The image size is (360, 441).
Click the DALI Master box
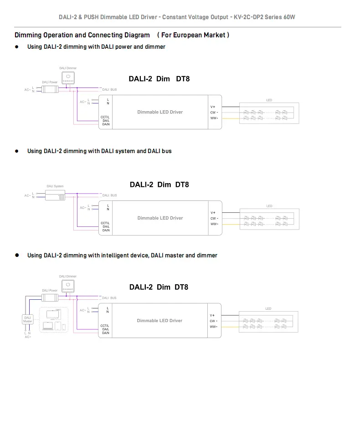point(27,319)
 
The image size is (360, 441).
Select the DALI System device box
point(55,195)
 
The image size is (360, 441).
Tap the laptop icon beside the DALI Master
point(47,326)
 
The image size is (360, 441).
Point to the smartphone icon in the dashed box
point(64,327)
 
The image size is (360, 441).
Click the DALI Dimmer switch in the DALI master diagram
point(68,286)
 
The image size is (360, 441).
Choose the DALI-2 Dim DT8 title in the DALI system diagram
point(159,185)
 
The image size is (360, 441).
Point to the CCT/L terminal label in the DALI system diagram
point(105,223)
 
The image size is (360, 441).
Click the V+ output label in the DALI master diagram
point(213,315)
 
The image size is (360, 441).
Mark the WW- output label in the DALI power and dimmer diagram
point(214,118)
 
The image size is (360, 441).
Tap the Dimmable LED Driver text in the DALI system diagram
point(160,218)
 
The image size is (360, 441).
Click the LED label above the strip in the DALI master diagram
point(268,308)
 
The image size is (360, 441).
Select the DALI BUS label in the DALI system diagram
point(109,195)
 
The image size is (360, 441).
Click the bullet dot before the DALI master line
point(17,255)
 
